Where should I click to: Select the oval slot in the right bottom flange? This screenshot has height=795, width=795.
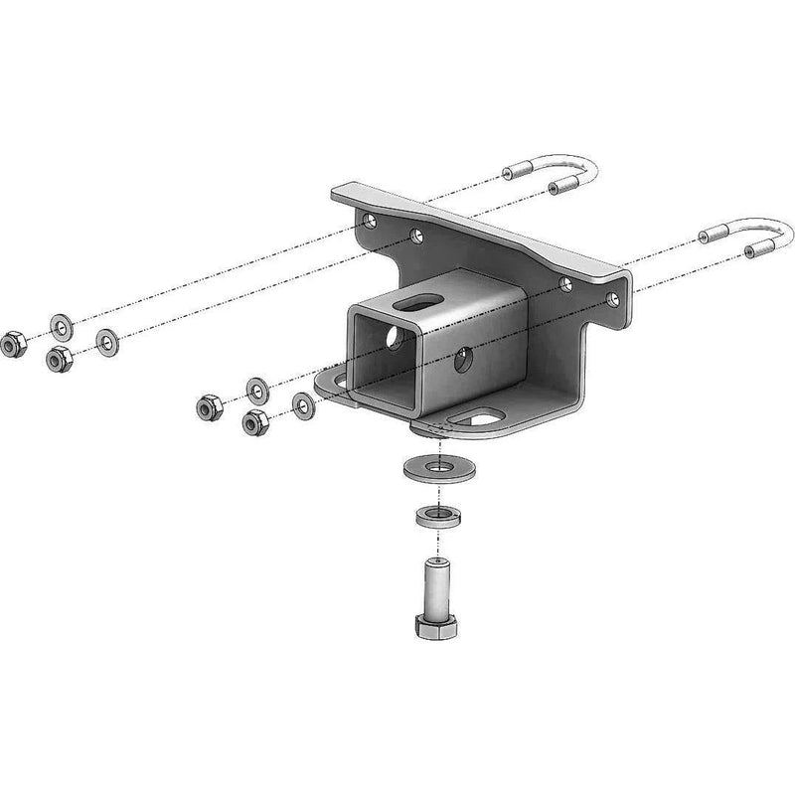[x=487, y=418]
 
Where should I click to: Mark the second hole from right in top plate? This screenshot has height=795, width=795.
[x=565, y=284]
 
